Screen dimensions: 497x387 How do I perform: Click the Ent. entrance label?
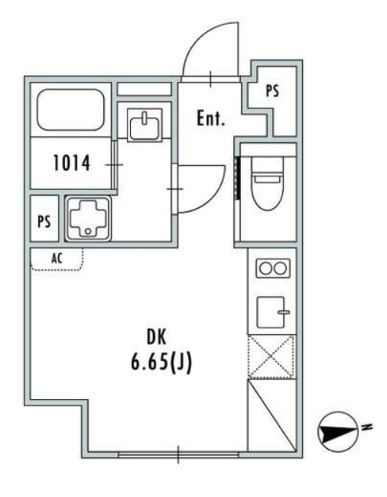point(210,119)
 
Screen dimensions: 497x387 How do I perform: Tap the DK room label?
point(161,336)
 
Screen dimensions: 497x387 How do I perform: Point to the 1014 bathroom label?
point(72,162)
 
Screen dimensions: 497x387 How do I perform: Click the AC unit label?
point(57,258)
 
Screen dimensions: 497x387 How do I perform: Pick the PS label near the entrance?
point(272,91)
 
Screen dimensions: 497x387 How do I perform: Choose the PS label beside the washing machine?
point(44,221)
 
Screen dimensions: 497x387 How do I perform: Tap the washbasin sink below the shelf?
point(145,125)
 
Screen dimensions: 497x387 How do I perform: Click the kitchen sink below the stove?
point(272,310)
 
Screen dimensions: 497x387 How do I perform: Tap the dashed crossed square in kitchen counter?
point(272,357)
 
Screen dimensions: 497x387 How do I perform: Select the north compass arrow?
point(335,433)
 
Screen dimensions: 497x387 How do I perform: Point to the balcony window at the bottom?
point(178,455)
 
